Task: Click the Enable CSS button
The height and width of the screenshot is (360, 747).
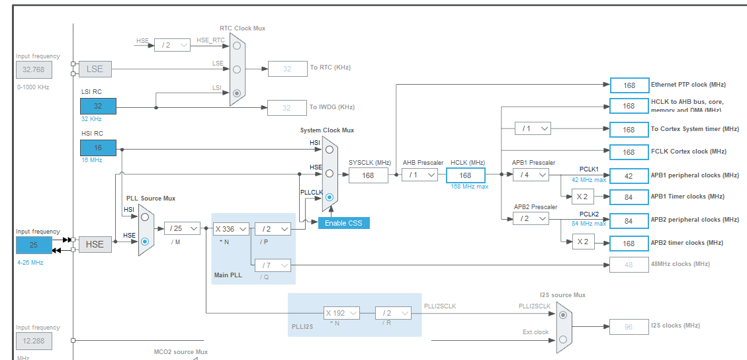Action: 344,223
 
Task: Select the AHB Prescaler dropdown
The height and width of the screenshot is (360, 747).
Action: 421,175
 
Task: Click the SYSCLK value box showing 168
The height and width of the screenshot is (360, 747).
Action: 368,175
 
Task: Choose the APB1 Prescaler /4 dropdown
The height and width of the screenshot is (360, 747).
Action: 531,175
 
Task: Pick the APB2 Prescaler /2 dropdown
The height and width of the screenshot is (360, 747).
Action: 531,218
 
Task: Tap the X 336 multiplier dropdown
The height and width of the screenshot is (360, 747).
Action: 231,229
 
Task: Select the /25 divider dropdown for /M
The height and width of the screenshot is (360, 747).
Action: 182,228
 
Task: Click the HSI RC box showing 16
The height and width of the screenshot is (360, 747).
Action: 98,148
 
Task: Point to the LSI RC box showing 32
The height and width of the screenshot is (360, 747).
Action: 98,106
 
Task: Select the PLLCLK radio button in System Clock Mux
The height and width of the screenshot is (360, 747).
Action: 329,197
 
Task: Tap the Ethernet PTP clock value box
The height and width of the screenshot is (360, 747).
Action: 629,85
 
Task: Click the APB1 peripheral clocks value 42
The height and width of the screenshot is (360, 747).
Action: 629,175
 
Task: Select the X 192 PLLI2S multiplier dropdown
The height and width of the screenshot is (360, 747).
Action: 342,313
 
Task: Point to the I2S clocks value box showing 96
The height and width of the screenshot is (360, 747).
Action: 629,326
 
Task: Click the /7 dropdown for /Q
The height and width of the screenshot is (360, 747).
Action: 273,265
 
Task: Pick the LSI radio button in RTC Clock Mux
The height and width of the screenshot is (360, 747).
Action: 237,93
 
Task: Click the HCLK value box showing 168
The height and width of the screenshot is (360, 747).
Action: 465,175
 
